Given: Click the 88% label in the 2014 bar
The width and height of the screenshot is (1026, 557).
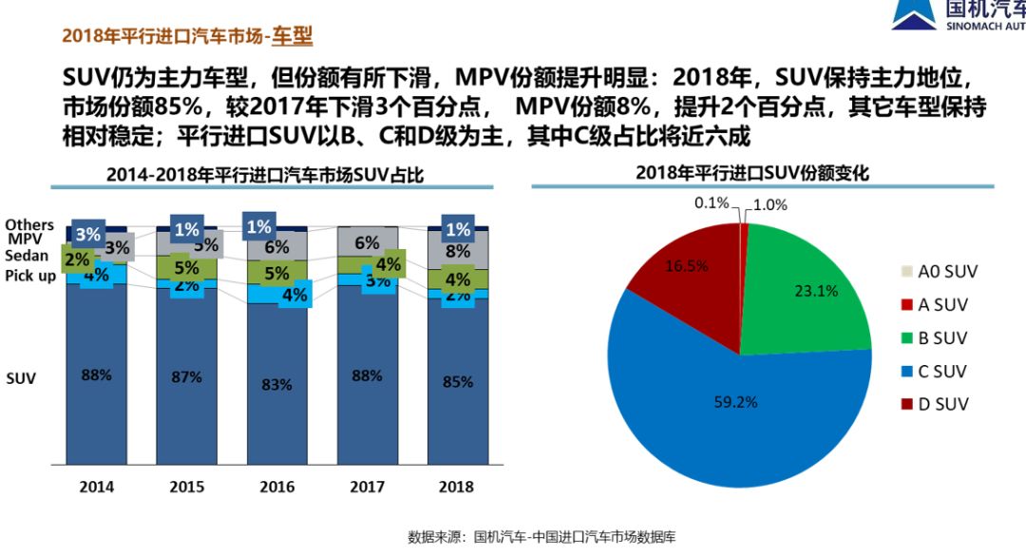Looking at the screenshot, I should coord(96,375).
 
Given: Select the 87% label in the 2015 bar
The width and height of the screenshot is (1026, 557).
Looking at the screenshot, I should coord(186,376).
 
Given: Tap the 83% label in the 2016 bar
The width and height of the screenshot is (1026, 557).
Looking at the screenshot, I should coord(276,384).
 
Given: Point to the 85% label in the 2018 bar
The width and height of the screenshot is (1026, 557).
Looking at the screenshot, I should coord(458,380).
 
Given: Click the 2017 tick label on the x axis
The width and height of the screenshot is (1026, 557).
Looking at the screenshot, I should coord(367,487).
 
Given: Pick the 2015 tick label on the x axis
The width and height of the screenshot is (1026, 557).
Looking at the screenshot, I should coord(186,487).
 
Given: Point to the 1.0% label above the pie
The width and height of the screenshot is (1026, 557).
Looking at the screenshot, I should coord(769,203).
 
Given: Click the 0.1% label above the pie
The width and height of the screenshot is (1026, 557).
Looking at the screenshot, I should coord(711,202).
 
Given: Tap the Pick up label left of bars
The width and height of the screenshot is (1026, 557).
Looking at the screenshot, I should coord(30,276).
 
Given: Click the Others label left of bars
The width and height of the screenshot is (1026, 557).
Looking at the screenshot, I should coord(30,224).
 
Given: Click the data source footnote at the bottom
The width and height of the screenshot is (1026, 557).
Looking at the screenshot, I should coord(541,537).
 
